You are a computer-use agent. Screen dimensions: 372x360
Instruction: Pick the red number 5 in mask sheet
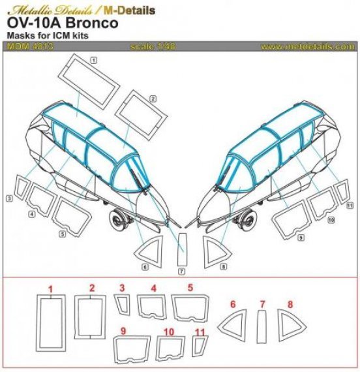pos(190,288)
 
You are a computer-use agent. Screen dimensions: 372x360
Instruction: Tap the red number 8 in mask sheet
pos(290,304)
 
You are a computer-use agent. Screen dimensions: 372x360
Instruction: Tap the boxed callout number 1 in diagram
pos(94,60)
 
